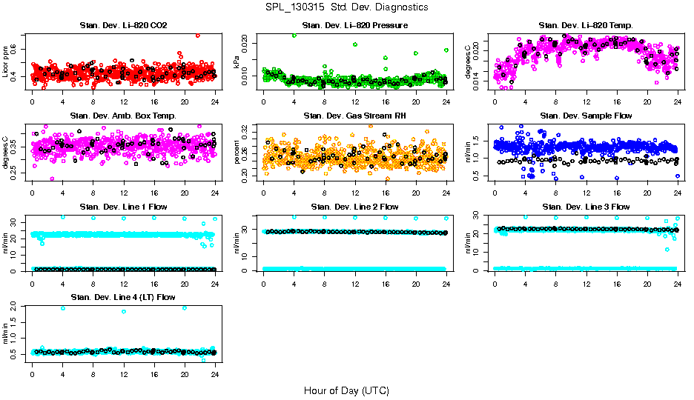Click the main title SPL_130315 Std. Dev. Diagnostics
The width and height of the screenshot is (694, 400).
click(x=346, y=7)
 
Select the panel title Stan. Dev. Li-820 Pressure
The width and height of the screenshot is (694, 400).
click(x=354, y=26)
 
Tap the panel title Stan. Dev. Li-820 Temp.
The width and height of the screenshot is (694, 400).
click(x=586, y=26)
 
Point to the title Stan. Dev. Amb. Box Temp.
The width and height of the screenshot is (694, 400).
click(x=123, y=116)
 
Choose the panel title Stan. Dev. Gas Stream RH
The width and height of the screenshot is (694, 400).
click(x=354, y=116)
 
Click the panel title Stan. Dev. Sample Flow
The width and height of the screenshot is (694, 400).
click(x=586, y=116)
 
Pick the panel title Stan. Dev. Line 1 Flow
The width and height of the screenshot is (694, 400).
click(x=123, y=207)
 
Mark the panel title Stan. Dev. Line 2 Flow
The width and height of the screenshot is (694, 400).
click(x=354, y=207)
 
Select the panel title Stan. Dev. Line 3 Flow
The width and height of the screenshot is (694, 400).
click(x=586, y=207)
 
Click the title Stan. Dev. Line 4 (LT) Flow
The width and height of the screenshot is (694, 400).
click(x=123, y=297)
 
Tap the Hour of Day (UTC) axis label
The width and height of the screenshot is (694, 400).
click(x=346, y=390)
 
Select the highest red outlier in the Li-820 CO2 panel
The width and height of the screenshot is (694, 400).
click(x=197, y=35)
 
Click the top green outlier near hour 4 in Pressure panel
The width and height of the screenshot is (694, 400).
click(x=294, y=35)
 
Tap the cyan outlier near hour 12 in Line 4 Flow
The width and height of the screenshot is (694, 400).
click(x=124, y=311)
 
